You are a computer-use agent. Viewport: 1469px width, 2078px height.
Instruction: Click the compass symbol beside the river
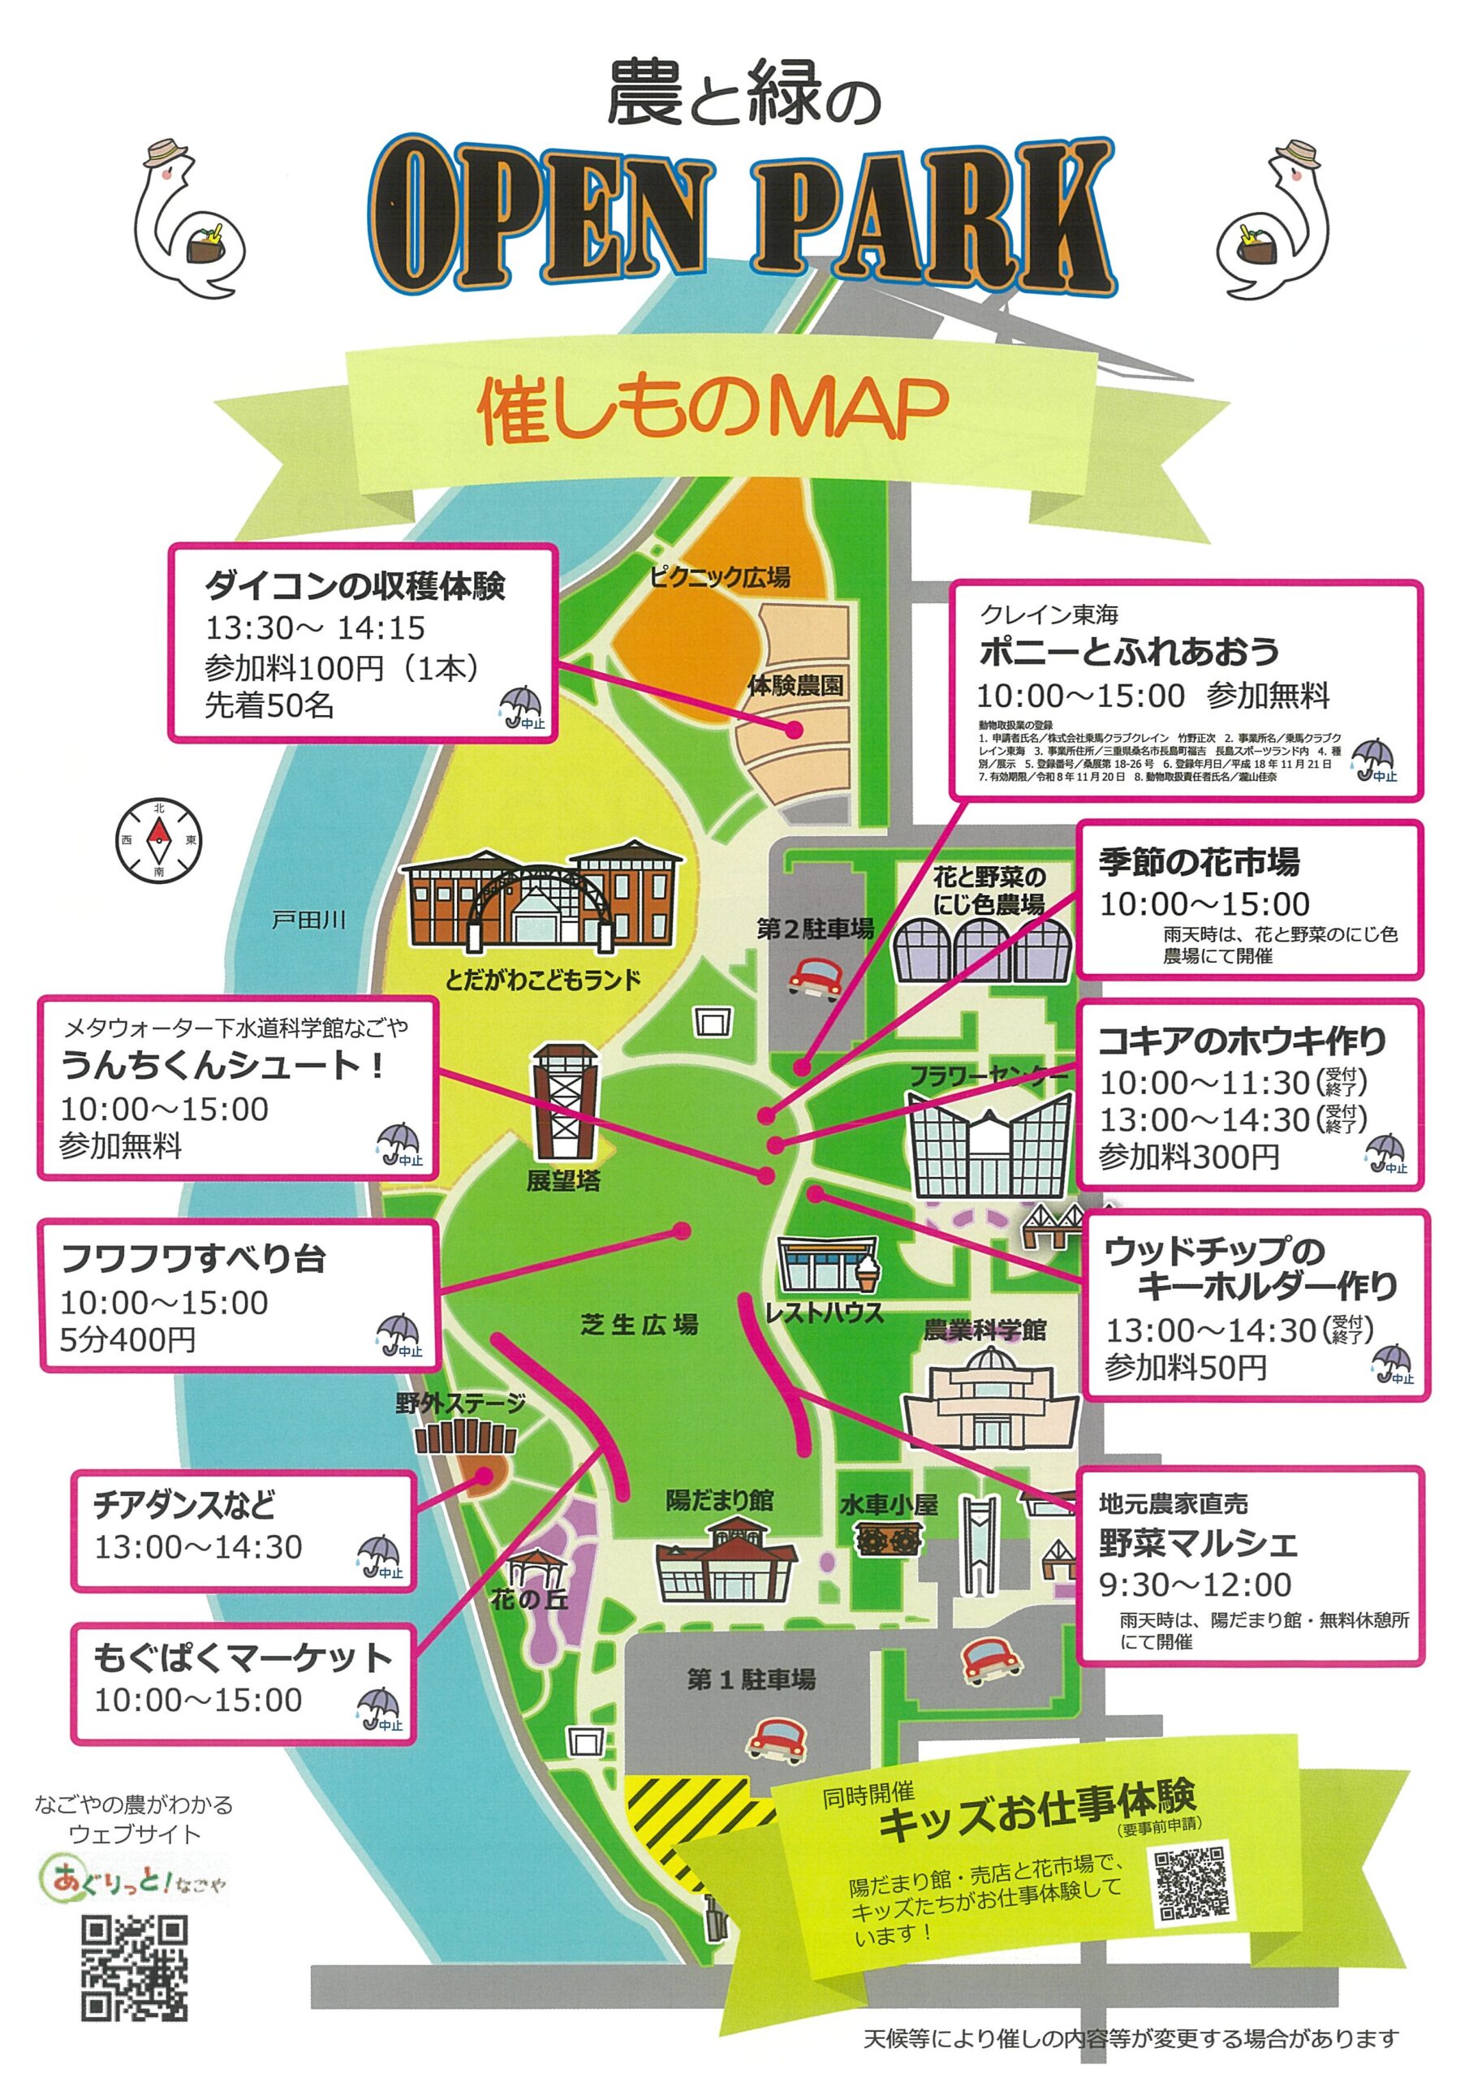pos(158,841)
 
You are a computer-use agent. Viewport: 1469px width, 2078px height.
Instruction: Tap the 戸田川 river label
pos(308,920)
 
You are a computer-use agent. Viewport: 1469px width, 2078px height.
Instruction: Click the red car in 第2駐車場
pos(816,976)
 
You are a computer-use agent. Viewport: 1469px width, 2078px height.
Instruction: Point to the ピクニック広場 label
pos(720,576)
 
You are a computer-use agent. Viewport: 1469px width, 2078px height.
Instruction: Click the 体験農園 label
pos(795,685)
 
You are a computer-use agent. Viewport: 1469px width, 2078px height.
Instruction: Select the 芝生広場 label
pos(639,1325)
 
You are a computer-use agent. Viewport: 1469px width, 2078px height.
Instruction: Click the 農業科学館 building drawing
pos(989,1400)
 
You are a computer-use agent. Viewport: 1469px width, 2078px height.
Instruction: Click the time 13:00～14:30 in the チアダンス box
pos(198,1547)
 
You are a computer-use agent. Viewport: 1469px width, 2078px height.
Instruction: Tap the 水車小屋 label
pos(888,1504)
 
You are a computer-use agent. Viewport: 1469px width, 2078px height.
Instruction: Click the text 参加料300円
pos(1188,1156)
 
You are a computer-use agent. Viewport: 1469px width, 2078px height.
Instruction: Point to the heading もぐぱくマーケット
pos(243,1658)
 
